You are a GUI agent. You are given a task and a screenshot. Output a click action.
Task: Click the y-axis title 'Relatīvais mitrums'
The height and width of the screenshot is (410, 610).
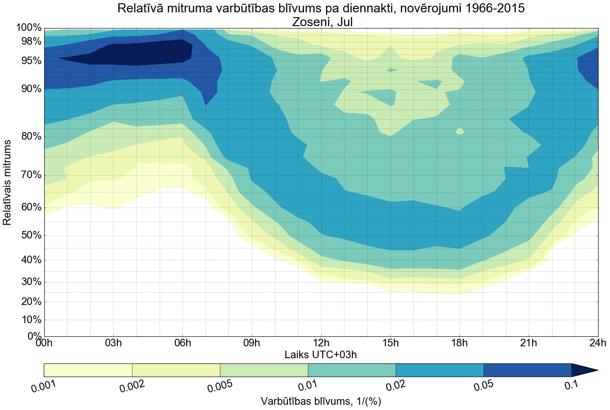[8, 182]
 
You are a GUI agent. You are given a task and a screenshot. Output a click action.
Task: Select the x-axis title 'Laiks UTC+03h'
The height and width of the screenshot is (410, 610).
[321, 354]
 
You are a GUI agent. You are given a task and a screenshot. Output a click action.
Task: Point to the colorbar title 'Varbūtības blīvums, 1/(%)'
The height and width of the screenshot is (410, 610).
[321, 401]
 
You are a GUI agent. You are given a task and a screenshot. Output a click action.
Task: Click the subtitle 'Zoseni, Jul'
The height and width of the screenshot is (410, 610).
[321, 21]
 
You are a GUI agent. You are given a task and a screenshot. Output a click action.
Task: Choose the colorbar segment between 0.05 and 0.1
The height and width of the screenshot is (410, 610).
[527, 370]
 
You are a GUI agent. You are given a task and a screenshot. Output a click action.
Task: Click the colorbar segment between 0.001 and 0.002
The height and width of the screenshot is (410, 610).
[88, 370]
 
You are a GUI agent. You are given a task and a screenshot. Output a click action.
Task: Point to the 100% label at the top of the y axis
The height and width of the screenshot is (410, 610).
[29, 28]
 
